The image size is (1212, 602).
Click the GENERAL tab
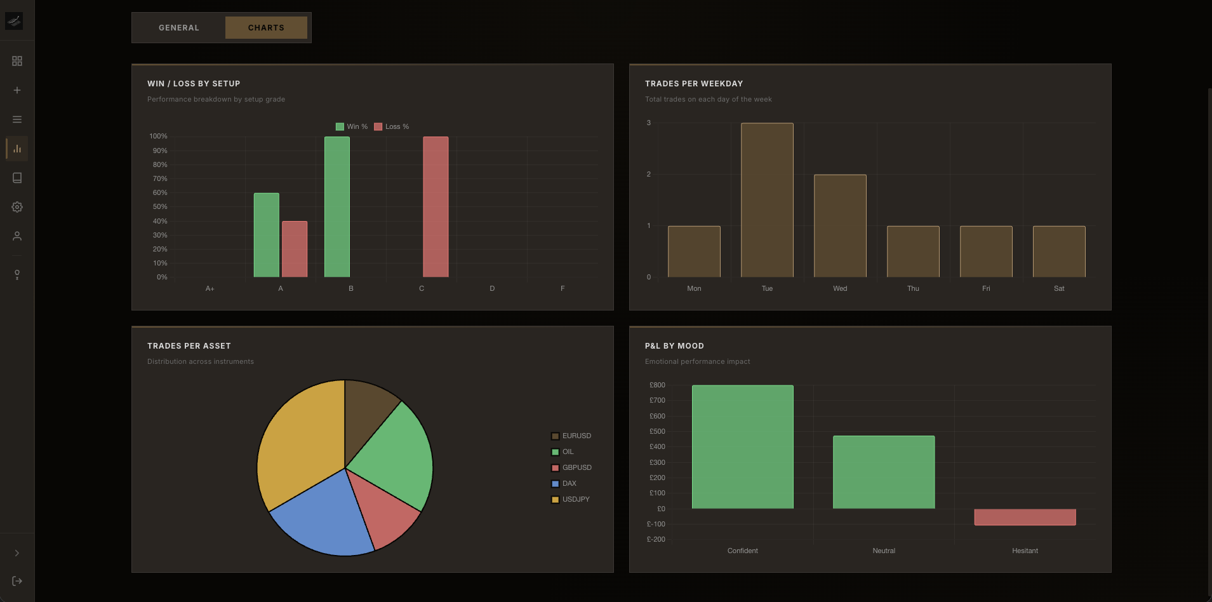(x=178, y=28)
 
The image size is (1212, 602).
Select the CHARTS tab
(x=266, y=28)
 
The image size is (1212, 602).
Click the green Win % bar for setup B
(x=336, y=207)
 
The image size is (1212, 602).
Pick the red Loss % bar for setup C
(x=436, y=207)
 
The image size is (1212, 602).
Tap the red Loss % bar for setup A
(x=295, y=249)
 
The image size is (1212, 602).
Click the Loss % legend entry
(x=392, y=126)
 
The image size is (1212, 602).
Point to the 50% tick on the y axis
(x=160, y=207)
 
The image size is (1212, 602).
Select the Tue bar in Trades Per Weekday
(x=767, y=200)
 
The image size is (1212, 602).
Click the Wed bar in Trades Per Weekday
(x=840, y=226)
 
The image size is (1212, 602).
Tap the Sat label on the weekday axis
(x=1059, y=288)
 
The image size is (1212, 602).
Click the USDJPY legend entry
(x=571, y=499)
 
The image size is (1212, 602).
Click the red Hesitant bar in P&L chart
(x=1025, y=517)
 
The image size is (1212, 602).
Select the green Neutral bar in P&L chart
(x=883, y=472)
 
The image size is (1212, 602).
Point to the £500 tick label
(x=657, y=432)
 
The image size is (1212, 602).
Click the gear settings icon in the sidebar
(x=17, y=207)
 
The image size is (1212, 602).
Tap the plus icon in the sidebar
(x=17, y=90)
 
